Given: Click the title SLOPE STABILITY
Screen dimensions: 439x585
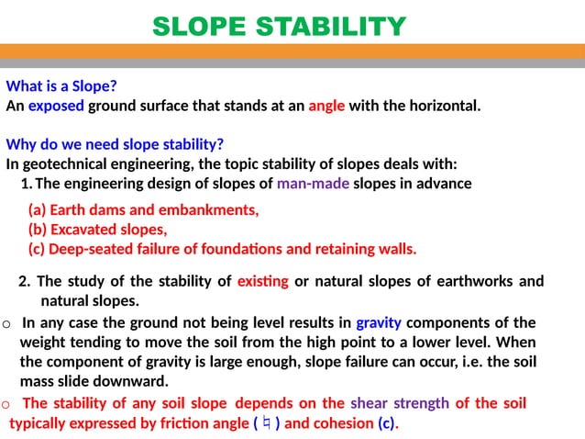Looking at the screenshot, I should click(278, 27).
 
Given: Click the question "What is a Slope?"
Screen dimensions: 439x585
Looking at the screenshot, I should click(61, 87).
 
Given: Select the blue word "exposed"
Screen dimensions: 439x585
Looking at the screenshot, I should click(56, 106).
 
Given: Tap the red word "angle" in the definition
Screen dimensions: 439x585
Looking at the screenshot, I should click(326, 106).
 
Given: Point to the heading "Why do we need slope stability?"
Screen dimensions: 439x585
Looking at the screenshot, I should click(115, 145).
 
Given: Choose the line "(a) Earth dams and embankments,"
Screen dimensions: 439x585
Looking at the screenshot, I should click(143, 210).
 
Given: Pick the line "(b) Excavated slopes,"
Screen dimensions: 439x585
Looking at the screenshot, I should click(97, 230).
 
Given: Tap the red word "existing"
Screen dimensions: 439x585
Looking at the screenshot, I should click(263, 281).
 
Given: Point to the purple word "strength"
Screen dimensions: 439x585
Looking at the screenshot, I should click(422, 403).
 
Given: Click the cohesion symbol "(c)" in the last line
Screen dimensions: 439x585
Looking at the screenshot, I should click(387, 423).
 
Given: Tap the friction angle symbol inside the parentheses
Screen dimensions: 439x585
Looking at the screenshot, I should click(266, 423).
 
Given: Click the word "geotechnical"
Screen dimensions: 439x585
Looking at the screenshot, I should click(68, 164).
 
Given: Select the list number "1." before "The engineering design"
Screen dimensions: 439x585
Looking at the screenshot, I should click(27, 184).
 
